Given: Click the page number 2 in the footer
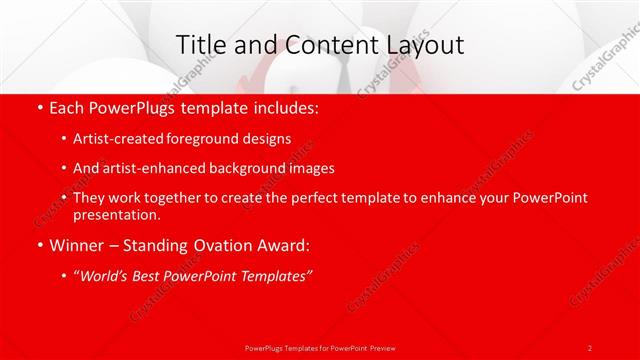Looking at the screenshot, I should [x=589, y=347].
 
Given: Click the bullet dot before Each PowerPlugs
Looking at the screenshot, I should [x=39, y=107].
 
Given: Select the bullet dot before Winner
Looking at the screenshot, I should [x=39, y=244].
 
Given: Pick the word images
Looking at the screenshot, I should [x=309, y=168].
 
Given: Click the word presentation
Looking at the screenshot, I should [x=115, y=214].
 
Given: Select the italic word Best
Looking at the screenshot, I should [x=150, y=274].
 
